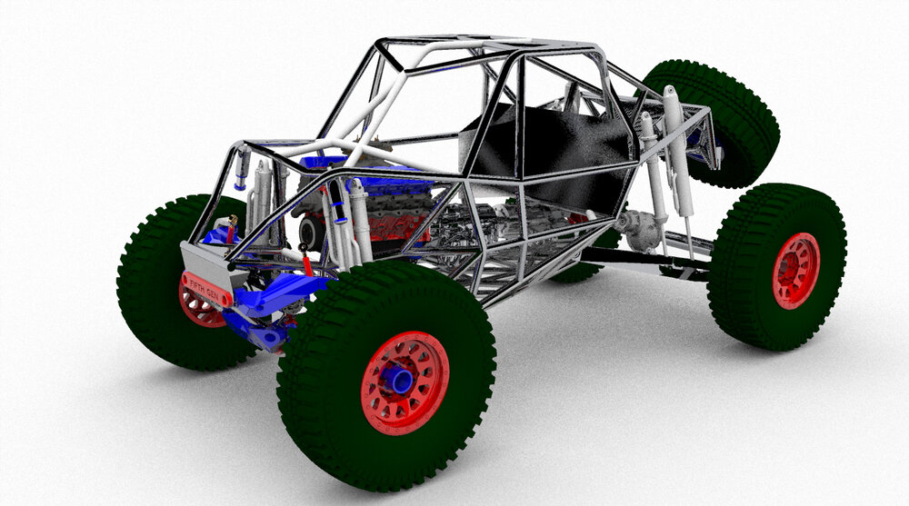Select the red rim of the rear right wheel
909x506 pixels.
point(795,271)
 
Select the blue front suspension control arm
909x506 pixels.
point(277,295)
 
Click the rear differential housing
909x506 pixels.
point(641,232)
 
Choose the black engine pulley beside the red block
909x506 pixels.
point(312,233)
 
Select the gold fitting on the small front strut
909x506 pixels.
point(234,222)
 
